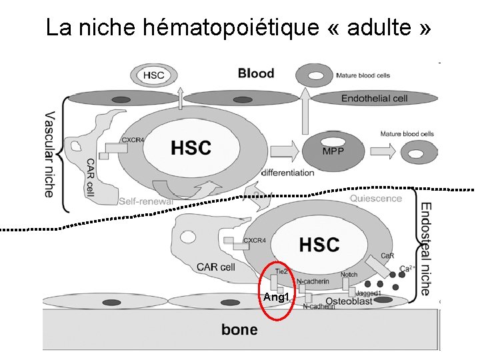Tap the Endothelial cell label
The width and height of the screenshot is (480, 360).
[x=374, y=99]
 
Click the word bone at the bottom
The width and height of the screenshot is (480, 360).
[x=239, y=329]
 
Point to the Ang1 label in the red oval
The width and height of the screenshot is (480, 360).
[x=275, y=297]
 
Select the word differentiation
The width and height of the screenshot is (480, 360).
[x=287, y=173]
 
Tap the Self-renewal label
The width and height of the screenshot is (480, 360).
[x=146, y=201]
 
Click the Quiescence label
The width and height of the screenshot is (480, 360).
[x=375, y=198]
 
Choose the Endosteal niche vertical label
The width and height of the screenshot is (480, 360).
[x=426, y=249]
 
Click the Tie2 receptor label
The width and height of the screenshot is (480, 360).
[x=281, y=271]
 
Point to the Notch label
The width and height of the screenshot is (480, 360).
[x=348, y=274]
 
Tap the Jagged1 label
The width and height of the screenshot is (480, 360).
[x=369, y=292]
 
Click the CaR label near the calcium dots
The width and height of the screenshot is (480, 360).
[x=387, y=256]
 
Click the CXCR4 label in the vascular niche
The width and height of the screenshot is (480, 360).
[x=133, y=140]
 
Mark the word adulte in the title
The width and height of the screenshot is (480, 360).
[x=375, y=27]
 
